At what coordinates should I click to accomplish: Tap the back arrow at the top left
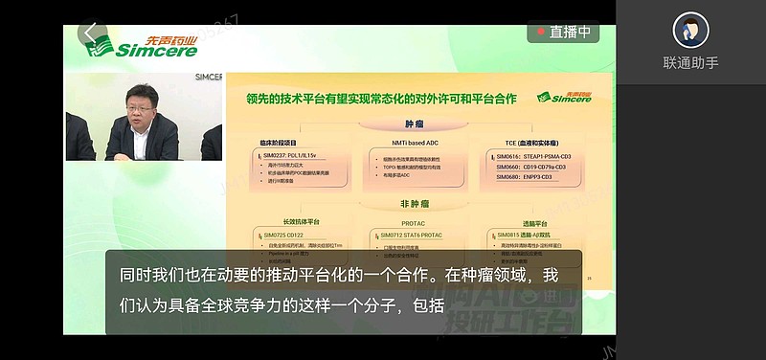(x=91, y=34)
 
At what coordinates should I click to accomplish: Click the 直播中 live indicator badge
(x=564, y=32)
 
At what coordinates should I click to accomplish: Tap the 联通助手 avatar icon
(x=690, y=32)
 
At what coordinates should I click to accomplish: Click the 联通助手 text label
(x=690, y=63)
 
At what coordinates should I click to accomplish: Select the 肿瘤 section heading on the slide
(x=413, y=122)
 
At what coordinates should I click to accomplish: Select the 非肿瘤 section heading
(x=412, y=204)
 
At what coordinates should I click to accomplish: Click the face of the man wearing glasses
(x=133, y=103)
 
